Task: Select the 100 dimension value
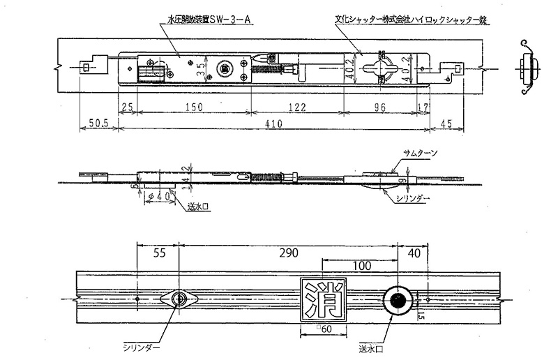coord(360,267)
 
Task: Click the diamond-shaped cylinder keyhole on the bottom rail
coord(181,300)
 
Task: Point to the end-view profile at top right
coord(528,68)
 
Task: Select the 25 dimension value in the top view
coord(127,107)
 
